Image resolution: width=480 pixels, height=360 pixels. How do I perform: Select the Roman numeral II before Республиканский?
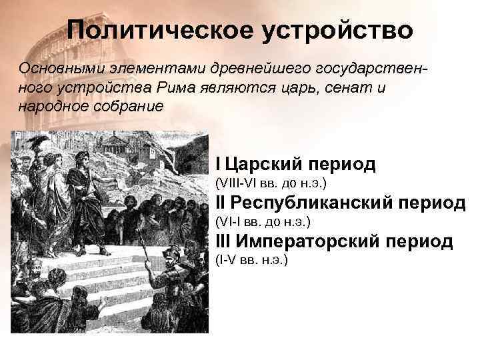point(221,203)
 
